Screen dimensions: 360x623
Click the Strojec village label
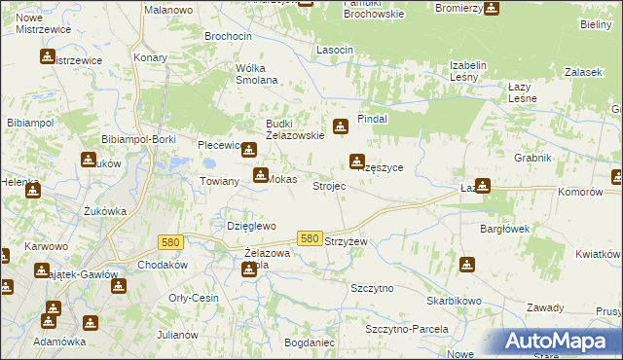328,186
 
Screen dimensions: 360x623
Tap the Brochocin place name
228,36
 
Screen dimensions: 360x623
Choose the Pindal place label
373,118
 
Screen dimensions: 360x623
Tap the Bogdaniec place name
310,343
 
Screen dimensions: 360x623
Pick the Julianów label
177,335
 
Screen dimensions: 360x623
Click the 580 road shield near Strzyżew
310,238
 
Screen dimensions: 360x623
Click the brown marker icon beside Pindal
340,126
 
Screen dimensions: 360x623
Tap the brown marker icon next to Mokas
260,175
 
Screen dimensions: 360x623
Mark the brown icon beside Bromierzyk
492,8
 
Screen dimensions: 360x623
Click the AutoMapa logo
562,341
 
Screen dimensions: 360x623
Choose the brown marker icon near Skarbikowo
467,264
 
